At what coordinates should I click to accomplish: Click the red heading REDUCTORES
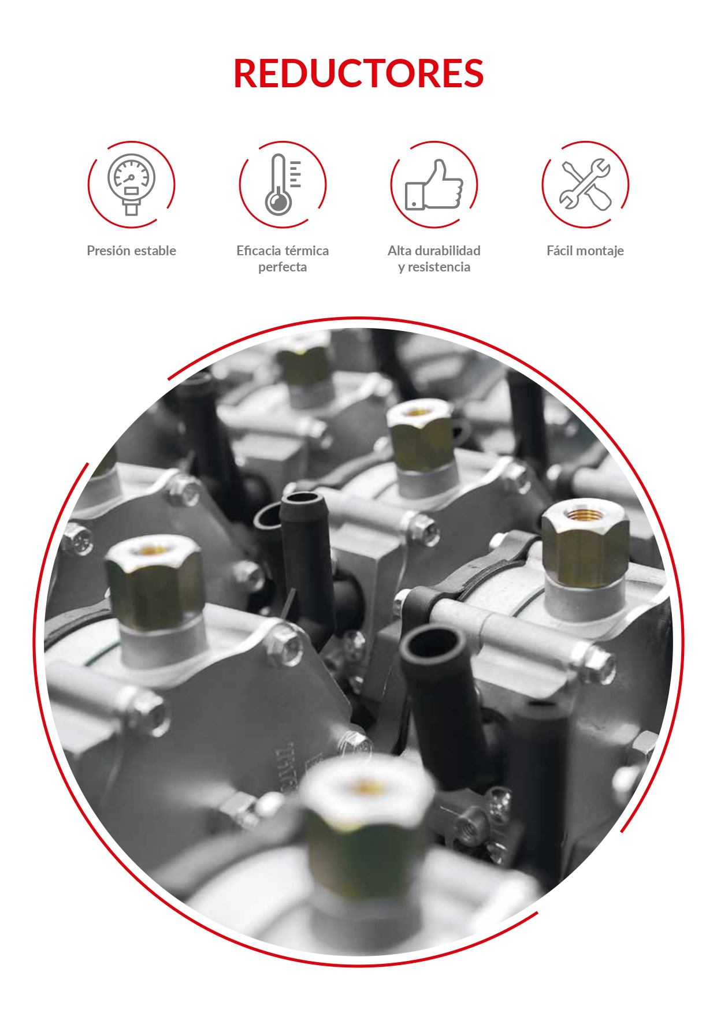pyautogui.click(x=358, y=74)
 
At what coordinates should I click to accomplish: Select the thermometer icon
pyautogui.click(x=283, y=184)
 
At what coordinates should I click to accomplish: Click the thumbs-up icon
pyautogui.click(x=434, y=184)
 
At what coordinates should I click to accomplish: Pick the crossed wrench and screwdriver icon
pyautogui.click(x=585, y=184)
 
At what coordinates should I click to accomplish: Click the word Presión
pyautogui.click(x=109, y=251)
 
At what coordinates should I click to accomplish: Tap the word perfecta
pyautogui.click(x=283, y=267)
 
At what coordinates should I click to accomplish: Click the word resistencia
pyautogui.click(x=439, y=267)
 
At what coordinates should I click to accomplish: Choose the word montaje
pyautogui.click(x=601, y=251)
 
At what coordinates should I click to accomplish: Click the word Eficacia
pyautogui.click(x=257, y=251)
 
